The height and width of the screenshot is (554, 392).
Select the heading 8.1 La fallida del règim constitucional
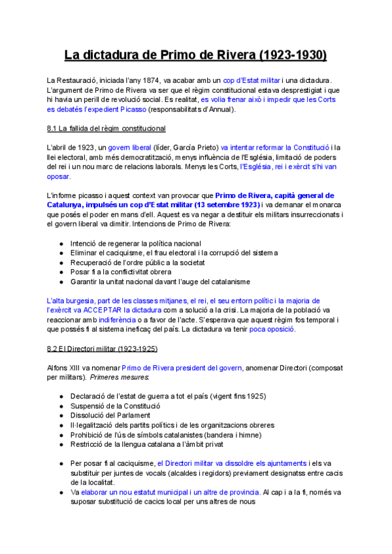(106, 128)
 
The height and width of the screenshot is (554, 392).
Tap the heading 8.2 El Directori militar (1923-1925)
(103, 349)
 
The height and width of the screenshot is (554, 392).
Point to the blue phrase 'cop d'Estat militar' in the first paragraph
(251, 80)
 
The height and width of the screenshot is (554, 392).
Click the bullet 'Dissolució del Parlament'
(109, 415)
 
